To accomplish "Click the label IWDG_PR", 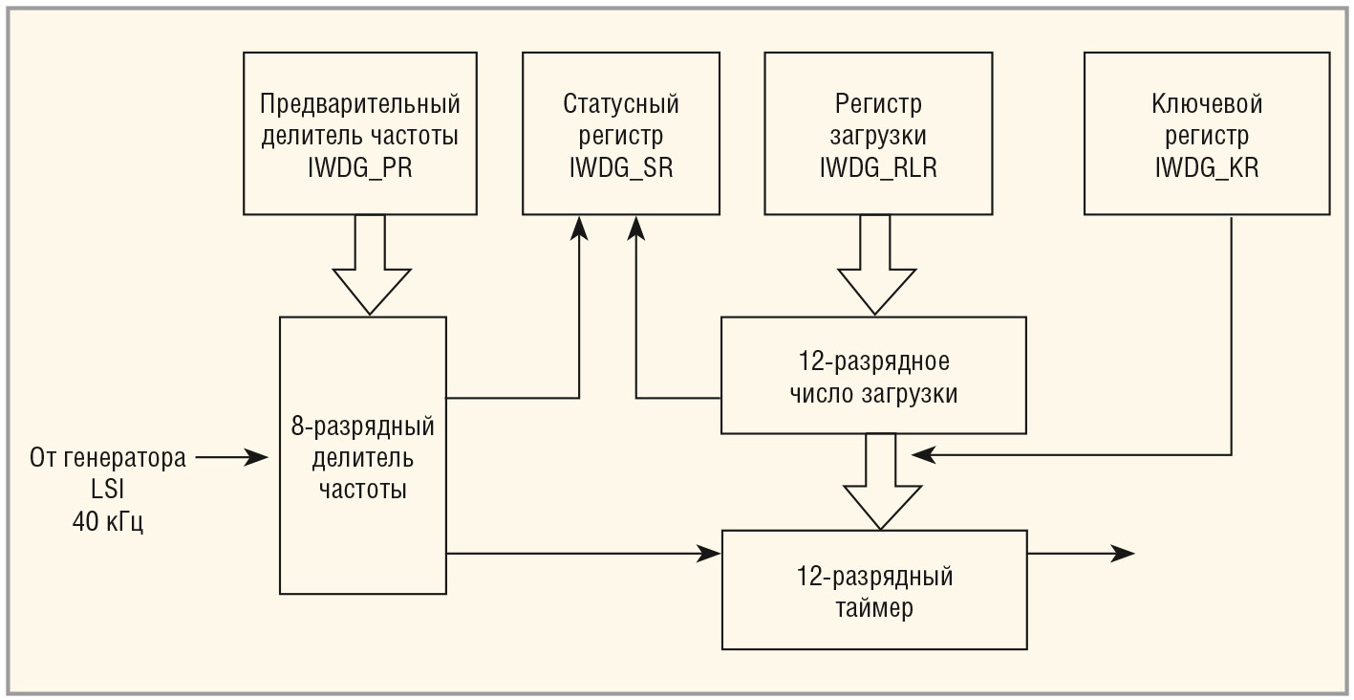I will click(359, 168).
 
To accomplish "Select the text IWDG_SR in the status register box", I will click(620, 168).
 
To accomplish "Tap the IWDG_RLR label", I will click(878, 168).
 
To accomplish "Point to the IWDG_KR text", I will click(1206, 168).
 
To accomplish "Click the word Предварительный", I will click(359, 103).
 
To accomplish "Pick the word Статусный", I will click(620, 103).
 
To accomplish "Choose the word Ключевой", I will click(1206, 103).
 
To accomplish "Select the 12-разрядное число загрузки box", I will click(873, 377).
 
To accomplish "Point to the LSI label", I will click(107, 490).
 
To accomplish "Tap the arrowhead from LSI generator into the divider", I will click(258, 458).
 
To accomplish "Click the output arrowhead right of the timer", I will click(1123, 553).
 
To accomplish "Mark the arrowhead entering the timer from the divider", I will click(709, 553).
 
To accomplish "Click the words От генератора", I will click(107, 458).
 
